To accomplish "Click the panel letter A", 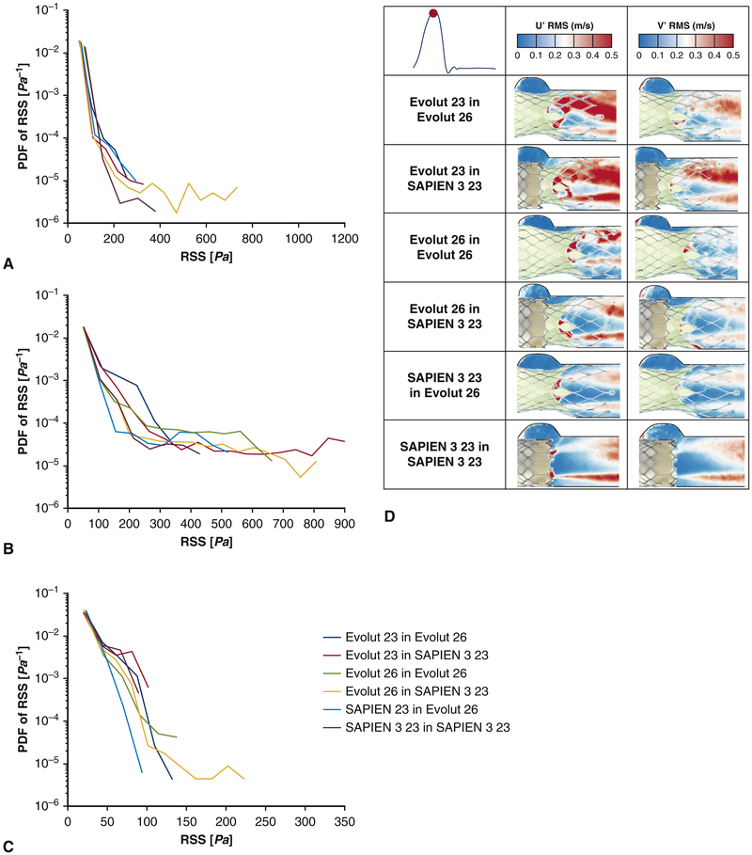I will (x=8, y=265).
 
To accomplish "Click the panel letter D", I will (x=390, y=516).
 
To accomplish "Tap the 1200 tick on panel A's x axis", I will (x=344, y=239).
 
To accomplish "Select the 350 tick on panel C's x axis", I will (x=344, y=821).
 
